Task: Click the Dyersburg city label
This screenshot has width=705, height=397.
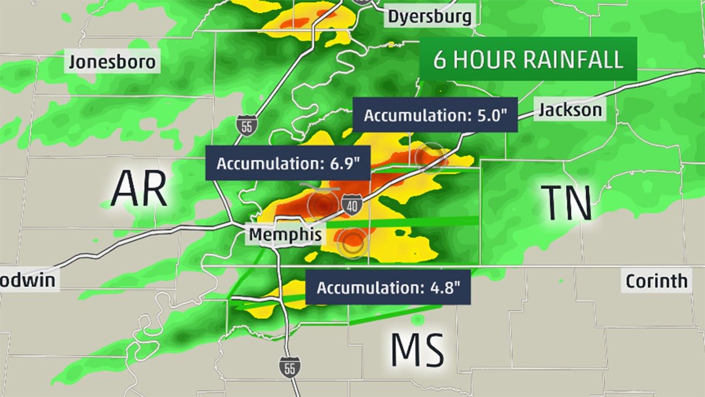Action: pos(430,16)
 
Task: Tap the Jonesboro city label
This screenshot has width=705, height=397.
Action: pos(112,61)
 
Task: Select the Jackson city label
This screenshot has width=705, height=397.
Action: pos(570,110)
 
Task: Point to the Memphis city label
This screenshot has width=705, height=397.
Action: pos(285,234)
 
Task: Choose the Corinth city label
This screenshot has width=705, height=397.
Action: pos(657,281)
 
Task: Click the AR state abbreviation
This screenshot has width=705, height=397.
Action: pos(139,189)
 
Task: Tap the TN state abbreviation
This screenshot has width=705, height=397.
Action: pos(566,203)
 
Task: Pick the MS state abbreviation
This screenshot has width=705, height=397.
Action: pos(417,350)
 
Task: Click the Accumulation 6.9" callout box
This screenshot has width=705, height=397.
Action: pos(288,164)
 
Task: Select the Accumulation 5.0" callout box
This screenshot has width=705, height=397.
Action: pos(435,115)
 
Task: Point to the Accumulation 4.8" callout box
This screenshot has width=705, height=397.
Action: pos(388,288)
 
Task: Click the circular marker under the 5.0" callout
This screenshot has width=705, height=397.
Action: pos(430,157)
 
